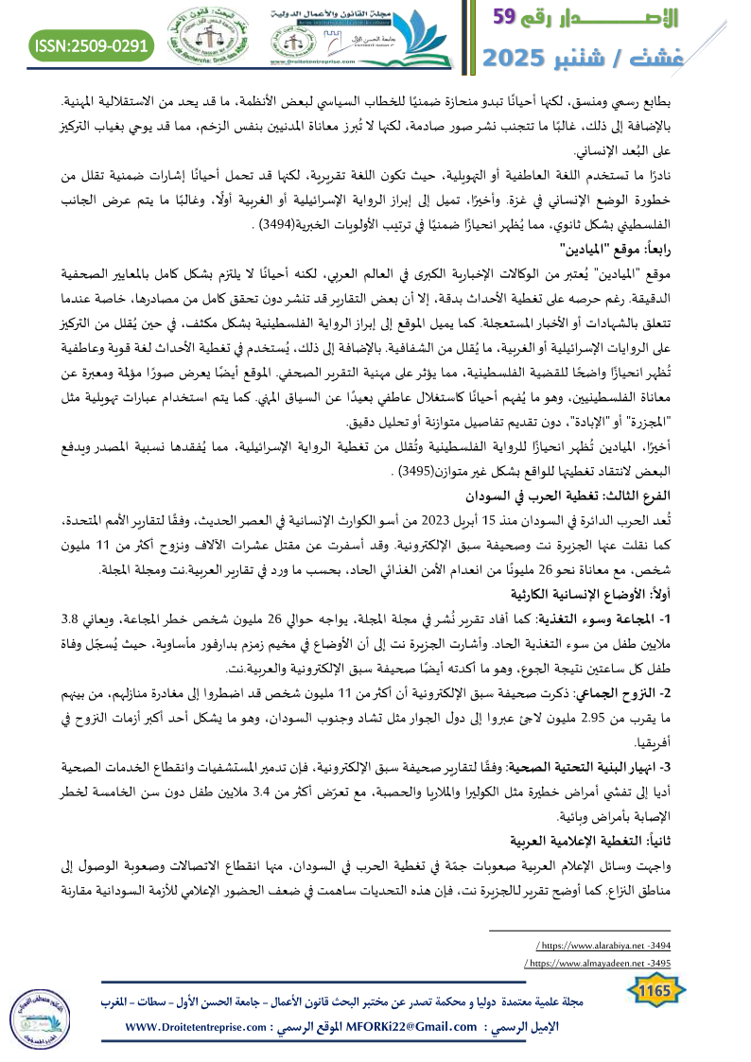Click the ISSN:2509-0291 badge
(92, 44)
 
